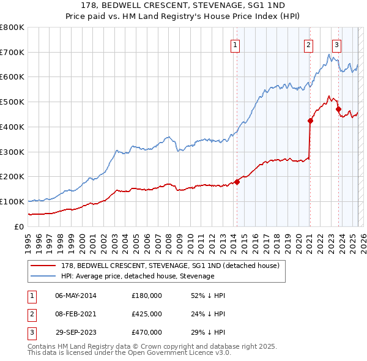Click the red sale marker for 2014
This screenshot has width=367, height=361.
point(237,182)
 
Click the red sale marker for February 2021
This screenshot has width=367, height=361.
point(310,121)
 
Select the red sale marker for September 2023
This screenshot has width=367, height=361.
point(338,109)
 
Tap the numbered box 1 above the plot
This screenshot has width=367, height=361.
point(235,44)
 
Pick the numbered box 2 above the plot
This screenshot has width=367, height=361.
point(308,44)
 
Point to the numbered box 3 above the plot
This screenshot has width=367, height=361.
point(337,44)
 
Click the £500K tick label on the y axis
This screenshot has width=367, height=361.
point(12,102)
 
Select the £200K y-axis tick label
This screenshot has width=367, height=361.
point(12,176)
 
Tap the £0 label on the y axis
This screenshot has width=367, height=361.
point(18,226)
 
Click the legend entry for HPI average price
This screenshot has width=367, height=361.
point(137,276)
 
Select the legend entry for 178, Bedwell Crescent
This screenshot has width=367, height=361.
point(169,266)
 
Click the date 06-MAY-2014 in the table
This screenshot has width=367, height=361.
point(75,296)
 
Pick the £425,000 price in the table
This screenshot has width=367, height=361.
point(146,314)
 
